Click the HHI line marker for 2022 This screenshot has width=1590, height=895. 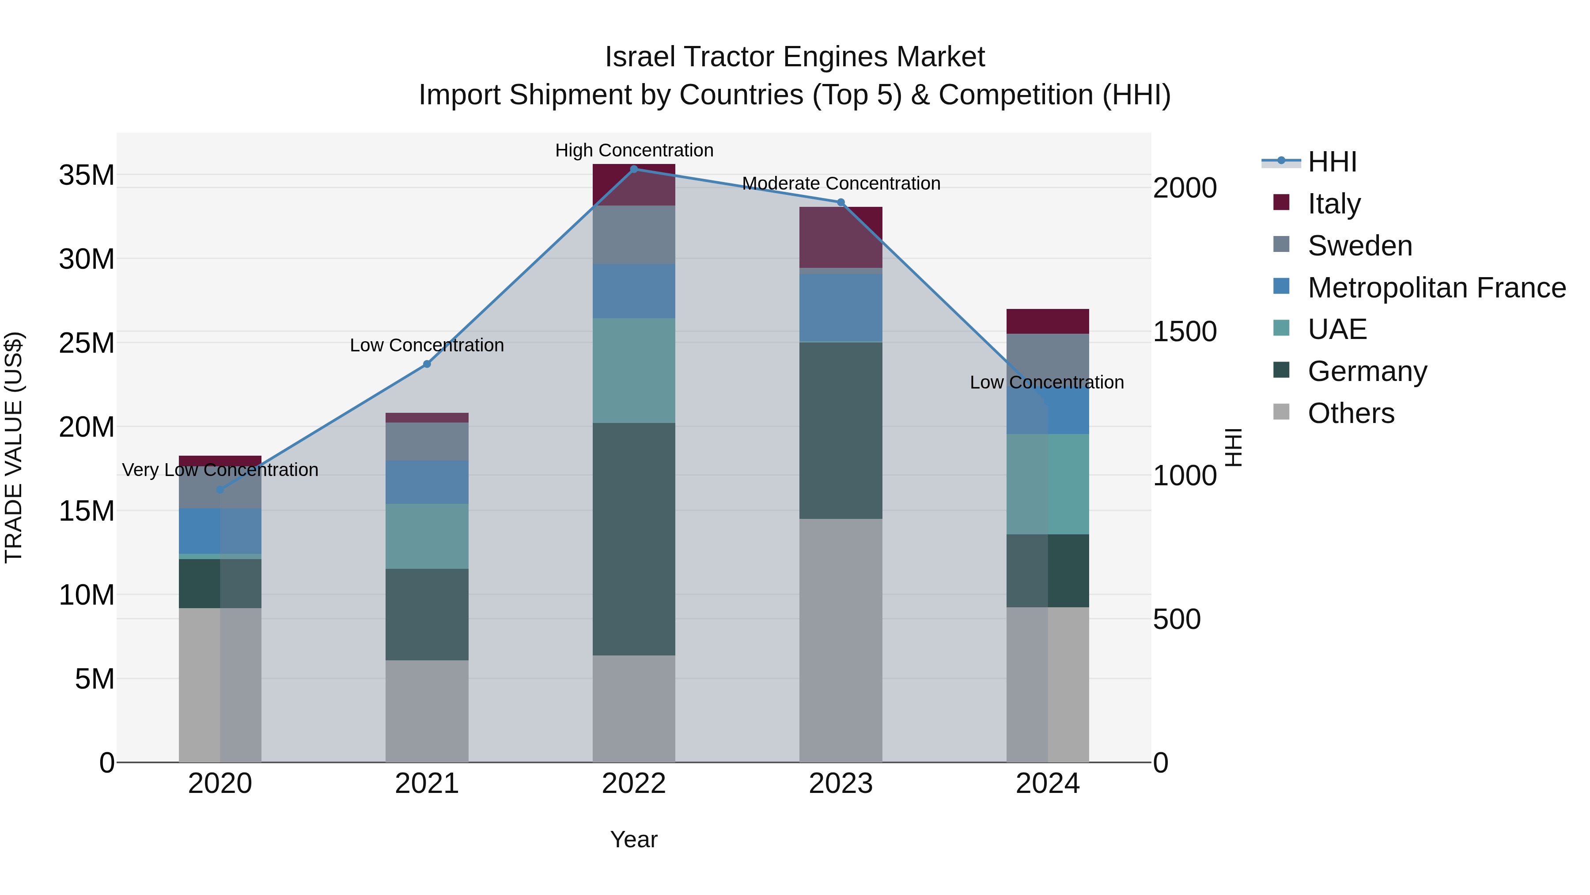click(x=634, y=169)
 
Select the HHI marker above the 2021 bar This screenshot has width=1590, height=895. click(x=427, y=364)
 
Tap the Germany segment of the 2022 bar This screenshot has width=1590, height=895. click(x=634, y=539)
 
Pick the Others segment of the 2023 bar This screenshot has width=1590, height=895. click(x=840, y=640)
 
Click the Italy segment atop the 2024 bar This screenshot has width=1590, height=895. click(x=1048, y=321)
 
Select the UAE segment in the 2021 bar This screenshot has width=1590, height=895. click(x=427, y=536)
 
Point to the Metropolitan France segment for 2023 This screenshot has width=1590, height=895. click(x=840, y=307)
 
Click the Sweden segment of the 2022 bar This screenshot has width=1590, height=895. click(x=634, y=235)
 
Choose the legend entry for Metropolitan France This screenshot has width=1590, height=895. click(x=1436, y=287)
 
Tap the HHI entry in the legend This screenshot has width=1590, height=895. click(x=1332, y=162)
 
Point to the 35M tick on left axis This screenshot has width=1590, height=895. click(x=87, y=175)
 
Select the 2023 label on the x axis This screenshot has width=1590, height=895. click(x=840, y=784)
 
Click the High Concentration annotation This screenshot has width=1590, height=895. click(x=634, y=150)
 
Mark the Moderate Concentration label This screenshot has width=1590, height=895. click(x=840, y=183)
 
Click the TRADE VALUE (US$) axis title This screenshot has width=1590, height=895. click(x=14, y=447)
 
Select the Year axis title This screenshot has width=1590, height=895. click(x=634, y=839)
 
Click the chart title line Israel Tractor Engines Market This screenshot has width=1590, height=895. click(x=795, y=57)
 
